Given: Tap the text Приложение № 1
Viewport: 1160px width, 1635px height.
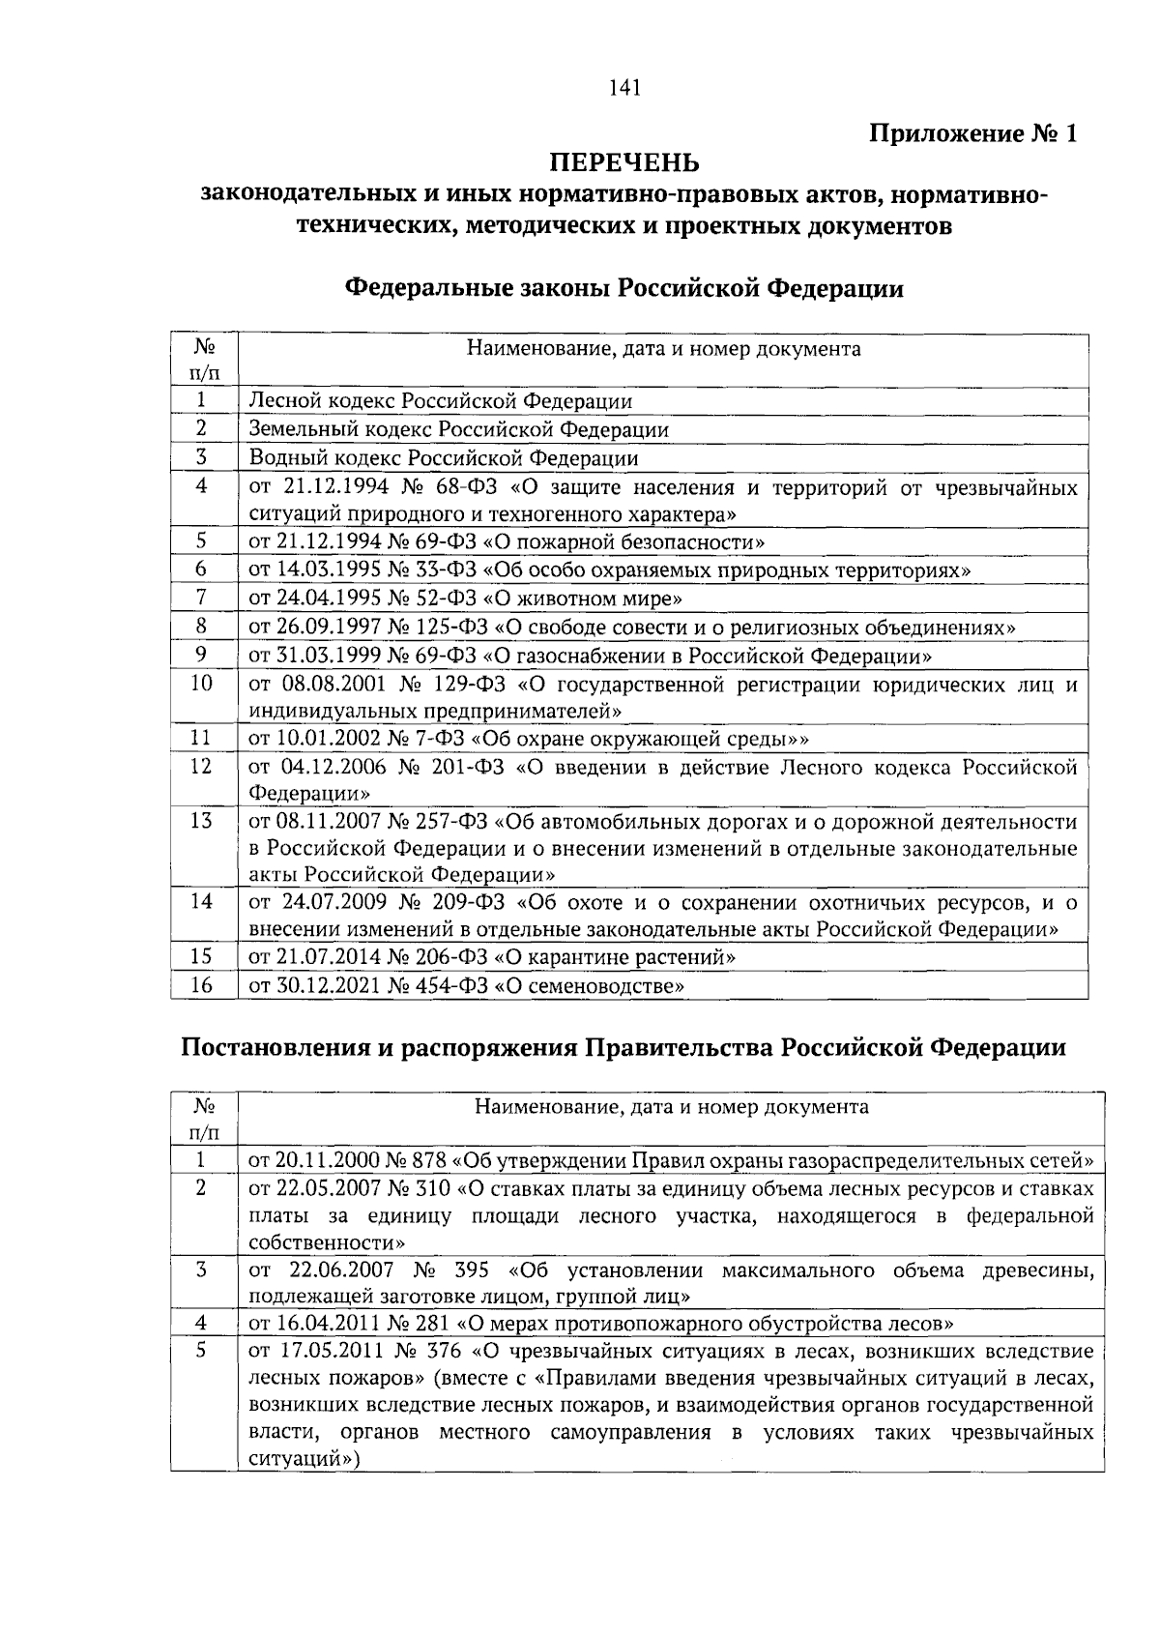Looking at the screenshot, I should (x=972, y=133).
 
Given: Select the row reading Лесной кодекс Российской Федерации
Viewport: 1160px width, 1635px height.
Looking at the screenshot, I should (x=441, y=400).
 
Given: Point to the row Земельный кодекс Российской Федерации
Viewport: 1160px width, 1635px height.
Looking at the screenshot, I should (x=458, y=429).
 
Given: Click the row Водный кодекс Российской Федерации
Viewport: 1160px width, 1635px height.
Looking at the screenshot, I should (x=443, y=457).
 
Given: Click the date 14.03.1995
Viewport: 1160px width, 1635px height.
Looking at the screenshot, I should (x=321, y=570).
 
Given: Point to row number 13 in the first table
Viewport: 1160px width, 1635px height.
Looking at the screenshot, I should (x=201, y=821).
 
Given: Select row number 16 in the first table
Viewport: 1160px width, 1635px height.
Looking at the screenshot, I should (x=201, y=985).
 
